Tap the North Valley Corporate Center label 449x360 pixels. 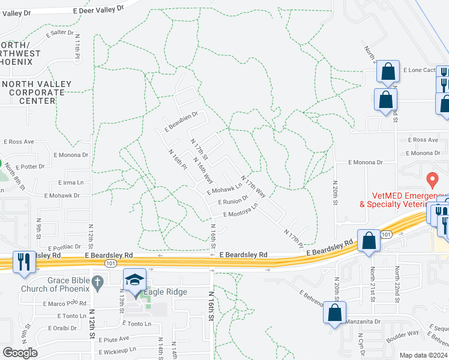point(37,92)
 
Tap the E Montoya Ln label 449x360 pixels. point(240,211)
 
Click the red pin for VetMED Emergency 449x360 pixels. point(430,179)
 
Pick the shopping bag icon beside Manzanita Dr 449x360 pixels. point(336,312)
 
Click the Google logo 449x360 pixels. point(20,353)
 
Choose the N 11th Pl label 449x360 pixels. point(77,46)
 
